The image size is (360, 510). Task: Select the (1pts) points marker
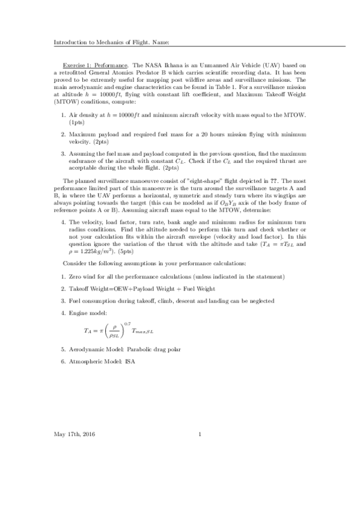tap(76, 122)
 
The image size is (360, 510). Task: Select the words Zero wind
tap(83, 293)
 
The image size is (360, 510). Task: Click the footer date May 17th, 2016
tap(75, 434)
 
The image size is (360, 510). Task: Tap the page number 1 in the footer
tap(199, 434)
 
